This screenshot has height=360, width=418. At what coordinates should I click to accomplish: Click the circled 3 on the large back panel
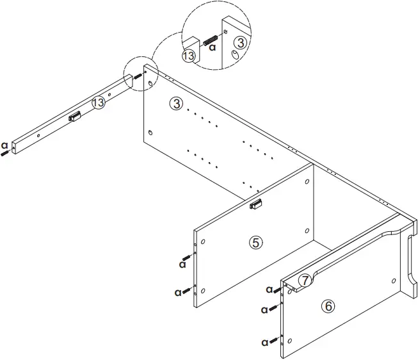177,104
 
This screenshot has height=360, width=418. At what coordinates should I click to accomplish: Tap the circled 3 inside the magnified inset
239,43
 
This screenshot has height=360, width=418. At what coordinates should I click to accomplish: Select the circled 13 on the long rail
98,102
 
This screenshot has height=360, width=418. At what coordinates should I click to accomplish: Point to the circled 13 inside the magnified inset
188,56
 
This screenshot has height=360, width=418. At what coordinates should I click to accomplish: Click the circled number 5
255,242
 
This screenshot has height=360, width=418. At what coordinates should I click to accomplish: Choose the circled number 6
328,306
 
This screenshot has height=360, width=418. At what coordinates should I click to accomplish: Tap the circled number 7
305,280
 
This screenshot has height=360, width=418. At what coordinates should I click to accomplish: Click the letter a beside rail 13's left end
4,144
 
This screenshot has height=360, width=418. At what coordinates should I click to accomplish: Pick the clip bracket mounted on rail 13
74,117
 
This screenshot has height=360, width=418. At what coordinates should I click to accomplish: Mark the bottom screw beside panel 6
275,340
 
